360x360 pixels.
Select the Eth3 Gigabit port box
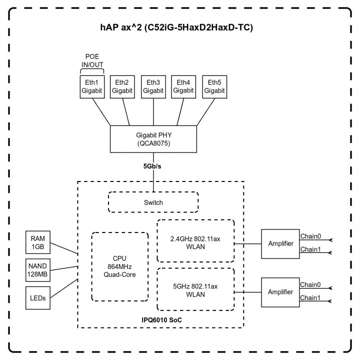point(153,86)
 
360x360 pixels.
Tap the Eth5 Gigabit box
point(214,86)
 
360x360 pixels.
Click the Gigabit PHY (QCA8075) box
point(153,138)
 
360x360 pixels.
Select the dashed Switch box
point(153,202)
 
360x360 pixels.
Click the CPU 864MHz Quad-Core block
point(120,266)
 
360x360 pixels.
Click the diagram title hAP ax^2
point(177,27)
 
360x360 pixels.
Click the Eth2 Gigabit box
point(121,86)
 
